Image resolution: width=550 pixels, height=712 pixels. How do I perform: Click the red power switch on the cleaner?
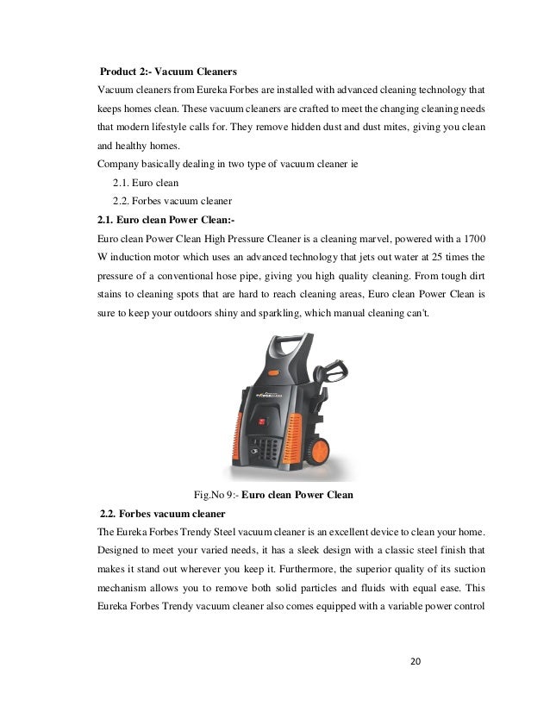[x=262, y=421]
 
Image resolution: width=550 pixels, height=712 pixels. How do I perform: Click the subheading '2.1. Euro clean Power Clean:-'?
[x=167, y=220]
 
